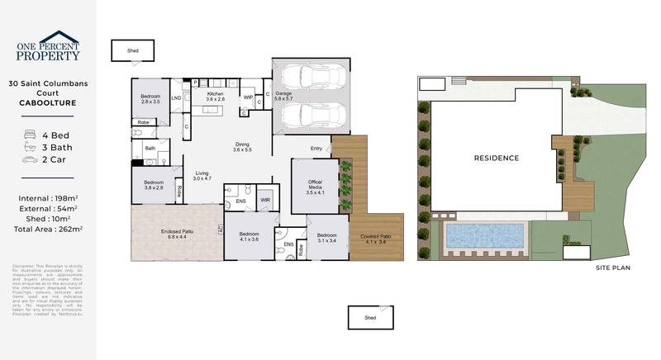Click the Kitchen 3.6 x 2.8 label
215,97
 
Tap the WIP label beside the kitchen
248,97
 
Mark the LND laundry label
176,98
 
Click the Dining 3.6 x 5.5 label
241,146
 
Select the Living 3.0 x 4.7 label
202,175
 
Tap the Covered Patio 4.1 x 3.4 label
376,239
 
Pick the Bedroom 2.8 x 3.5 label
150,97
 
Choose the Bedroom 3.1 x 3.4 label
327,237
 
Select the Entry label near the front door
316,149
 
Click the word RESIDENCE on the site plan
496,158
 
